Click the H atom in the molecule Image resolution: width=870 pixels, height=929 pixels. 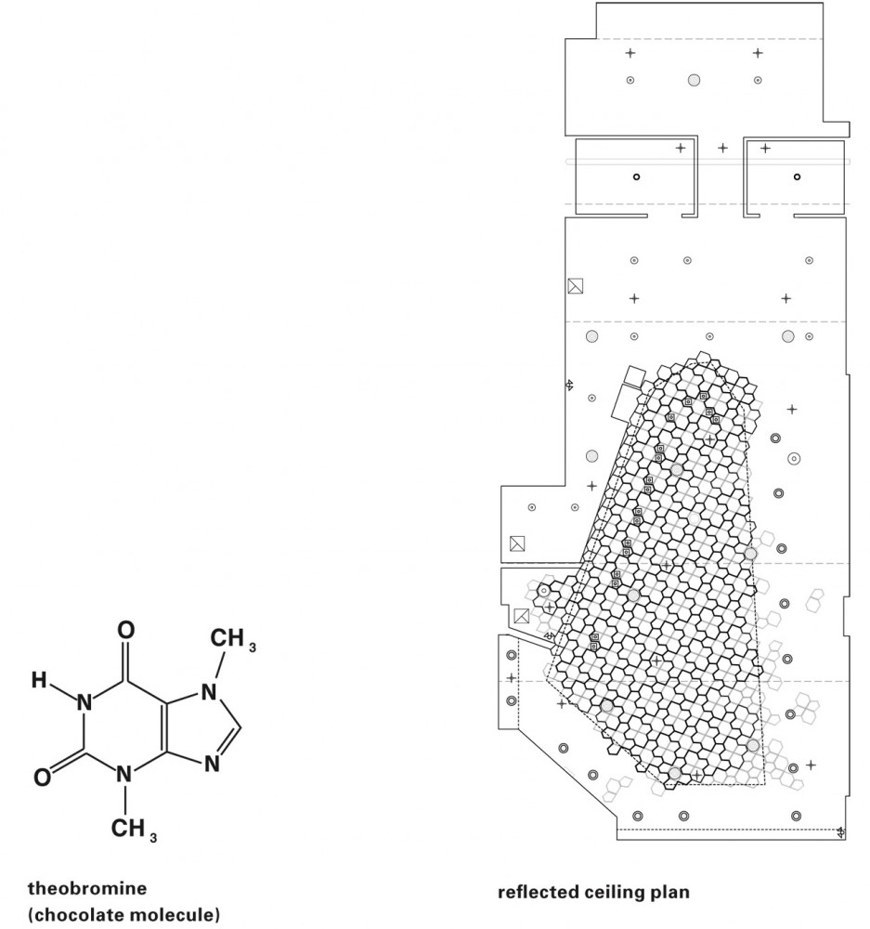click(x=39, y=680)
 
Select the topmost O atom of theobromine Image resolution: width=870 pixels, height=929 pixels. click(x=125, y=630)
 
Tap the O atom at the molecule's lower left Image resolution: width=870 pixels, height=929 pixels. click(x=42, y=777)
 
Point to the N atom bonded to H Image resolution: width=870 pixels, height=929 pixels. click(x=84, y=702)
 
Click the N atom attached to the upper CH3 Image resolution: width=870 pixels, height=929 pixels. click(x=209, y=692)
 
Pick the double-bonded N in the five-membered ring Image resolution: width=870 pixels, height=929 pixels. click(x=212, y=764)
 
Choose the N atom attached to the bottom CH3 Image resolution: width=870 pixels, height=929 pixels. click(x=123, y=774)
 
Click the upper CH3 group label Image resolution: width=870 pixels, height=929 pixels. click(x=233, y=639)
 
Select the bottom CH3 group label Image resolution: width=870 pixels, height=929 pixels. click(x=134, y=829)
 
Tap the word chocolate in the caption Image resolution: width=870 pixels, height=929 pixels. click(x=81, y=915)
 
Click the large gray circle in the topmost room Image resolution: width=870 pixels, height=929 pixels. click(x=695, y=80)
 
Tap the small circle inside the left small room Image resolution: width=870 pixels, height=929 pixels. click(x=637, y=177)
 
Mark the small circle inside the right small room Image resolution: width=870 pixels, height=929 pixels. click(x=798, y=177)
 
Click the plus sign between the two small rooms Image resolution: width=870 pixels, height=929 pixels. click(x=722, y=148)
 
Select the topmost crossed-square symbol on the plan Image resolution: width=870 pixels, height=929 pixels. click(x=575, y=286)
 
